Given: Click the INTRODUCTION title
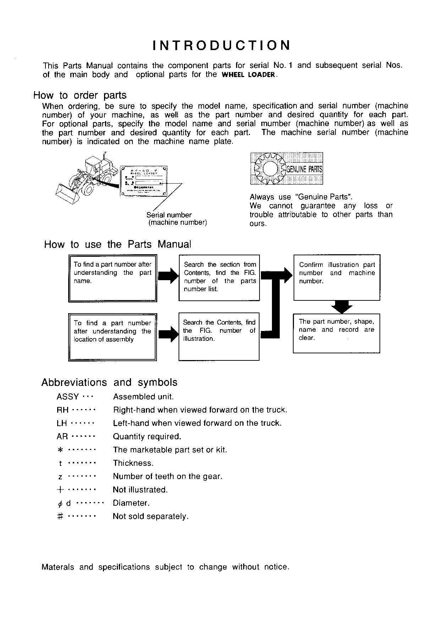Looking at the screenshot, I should click(222, 45).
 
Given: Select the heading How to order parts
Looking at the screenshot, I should click(80, 95).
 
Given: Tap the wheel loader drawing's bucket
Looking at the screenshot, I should click(69, 194).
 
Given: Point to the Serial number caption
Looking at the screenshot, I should click(169, 215).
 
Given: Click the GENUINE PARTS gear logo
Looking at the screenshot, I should click(286, 168).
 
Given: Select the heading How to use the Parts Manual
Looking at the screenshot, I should click(118, 244).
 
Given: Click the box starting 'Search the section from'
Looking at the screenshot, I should click(219, 277).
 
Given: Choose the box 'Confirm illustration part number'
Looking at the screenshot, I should click(337, 277).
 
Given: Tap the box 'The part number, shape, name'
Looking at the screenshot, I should click(336, 333).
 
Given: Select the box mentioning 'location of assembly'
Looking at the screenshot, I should click(112, 336).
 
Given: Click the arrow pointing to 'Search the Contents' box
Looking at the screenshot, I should click(168, 335).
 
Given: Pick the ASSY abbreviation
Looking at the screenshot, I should click(67, 397).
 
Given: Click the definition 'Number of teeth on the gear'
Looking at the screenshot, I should click(168, 476).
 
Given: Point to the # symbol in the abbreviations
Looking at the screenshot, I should click(60, 516).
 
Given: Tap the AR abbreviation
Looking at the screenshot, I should click(62, 436).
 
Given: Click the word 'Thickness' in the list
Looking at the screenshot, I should click(133, 463).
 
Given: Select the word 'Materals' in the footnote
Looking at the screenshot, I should click(58, 567).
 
